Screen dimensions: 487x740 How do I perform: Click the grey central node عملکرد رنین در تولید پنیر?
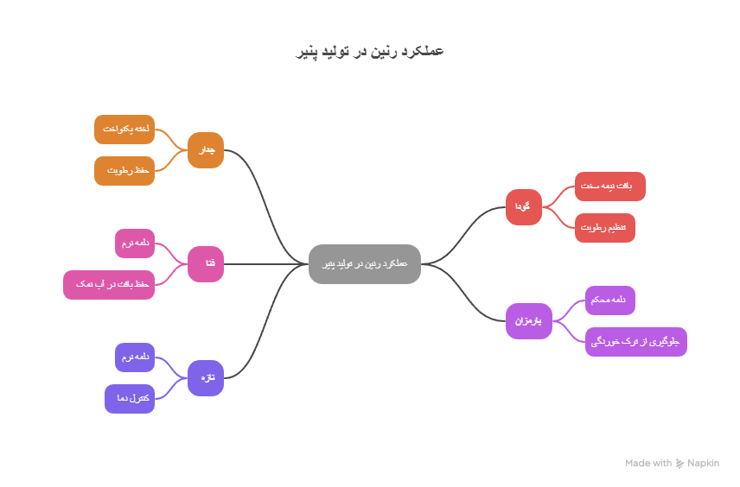(x=365, y=263)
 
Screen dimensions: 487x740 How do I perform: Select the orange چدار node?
(x=206, y=150)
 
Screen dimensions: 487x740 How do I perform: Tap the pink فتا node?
(x=206, y=263)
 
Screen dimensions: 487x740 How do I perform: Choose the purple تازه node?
(x=206, y=377)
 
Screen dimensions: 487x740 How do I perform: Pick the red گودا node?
(x=523, y=207)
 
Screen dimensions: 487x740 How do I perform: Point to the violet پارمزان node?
(x=527, y=320)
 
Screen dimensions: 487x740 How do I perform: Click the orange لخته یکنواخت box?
(x=124, y=129)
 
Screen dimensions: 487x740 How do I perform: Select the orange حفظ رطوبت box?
(x=124, y=170)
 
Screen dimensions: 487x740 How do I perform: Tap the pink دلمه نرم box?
(x=135, y=243)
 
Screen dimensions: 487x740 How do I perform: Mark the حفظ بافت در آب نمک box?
(x=109, y=284)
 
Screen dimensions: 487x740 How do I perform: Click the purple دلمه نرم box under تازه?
(x=135, y=357)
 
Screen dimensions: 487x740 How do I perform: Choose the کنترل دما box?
(x=130, y=398)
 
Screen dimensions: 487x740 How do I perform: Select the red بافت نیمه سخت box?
(x=609, y=186)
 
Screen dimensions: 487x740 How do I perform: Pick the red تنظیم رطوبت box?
(x=604, y=227)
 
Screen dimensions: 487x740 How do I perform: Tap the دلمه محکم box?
(x=609, y=300)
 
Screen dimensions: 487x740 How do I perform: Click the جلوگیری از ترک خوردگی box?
(x=635, y=341)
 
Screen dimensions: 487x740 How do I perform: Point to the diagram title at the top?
(x=370, y=52)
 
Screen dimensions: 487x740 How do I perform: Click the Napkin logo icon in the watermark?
(x=679, y=464)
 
